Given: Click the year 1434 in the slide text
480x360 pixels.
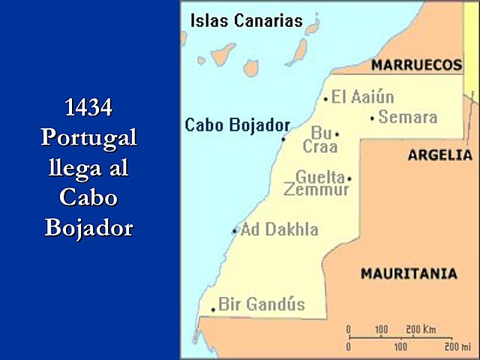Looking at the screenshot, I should [x=88, y=108].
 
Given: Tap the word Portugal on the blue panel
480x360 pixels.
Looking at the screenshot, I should [x=88, y=138].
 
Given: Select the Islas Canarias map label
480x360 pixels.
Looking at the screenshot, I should [x=246, y=20].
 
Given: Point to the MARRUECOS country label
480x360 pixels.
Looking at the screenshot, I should [x=417, y=65].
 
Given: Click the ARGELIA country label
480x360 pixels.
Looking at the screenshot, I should [x=439, y=155].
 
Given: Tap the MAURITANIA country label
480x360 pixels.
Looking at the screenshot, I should [x=409, y=274].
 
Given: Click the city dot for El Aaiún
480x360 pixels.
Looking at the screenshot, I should [x=326, y=98].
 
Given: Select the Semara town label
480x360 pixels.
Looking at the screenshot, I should [x=407, y=117].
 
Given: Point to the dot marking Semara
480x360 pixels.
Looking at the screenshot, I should [x=373, y=118].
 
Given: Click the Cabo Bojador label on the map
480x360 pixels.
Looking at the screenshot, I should [x=237, y=124].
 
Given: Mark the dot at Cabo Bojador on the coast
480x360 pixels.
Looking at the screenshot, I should [x=283, y=139].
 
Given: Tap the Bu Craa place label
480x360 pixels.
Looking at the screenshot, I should [x=320, y=139].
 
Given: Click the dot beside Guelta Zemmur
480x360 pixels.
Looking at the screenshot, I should [x=349, y=178].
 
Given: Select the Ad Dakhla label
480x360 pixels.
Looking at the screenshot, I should [x=279, y=229].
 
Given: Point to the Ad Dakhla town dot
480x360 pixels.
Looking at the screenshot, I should [x=235, y=231].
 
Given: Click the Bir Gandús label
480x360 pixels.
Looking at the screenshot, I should [x=261, y=304].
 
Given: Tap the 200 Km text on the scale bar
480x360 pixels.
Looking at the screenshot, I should [x=421, y=329].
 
